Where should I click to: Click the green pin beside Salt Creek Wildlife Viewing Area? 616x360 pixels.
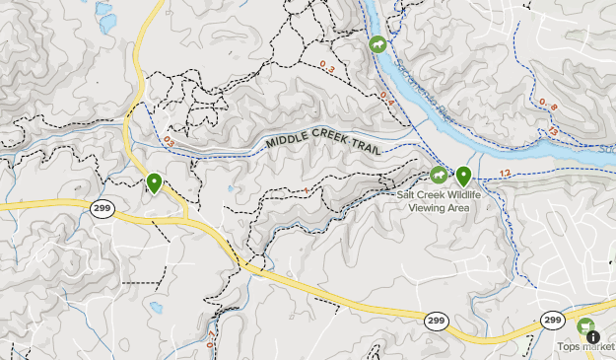tap(463, 178)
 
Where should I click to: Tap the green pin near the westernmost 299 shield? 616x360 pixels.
tap(155, 183)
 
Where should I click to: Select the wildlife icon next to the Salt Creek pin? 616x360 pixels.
tap(439, 175)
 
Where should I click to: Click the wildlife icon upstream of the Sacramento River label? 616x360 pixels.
tap(376, 45)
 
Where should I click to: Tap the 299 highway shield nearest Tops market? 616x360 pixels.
tap(552, 321)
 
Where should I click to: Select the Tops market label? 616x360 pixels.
tap(585, 346)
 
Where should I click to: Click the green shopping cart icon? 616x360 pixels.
tap(586, 326)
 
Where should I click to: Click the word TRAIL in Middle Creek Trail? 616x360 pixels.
tap(362, 148)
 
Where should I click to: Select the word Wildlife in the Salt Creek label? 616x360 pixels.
tap(463, 195)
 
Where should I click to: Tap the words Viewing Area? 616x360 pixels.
tap(439, 207)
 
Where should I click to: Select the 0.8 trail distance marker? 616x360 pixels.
tap(547, 106)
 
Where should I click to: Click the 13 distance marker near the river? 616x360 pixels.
tap(554, 130)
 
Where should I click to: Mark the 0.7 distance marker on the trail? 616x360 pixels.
tap(210, 340)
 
